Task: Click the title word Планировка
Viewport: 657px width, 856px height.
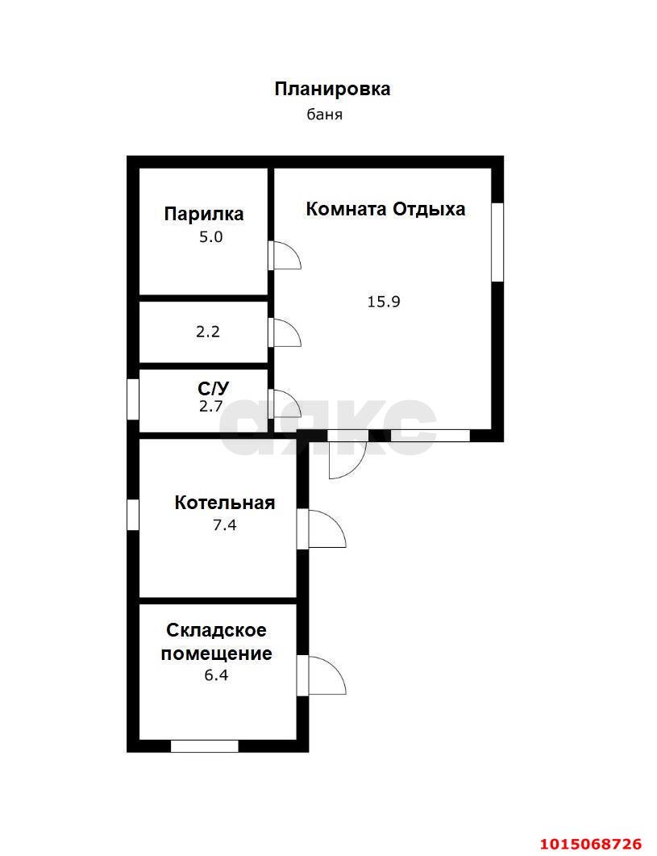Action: (x=332, y=89)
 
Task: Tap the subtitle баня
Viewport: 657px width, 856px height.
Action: (x=325, y=115)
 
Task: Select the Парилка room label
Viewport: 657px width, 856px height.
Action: (x=204, y=214)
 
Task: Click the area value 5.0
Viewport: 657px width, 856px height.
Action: (x=210, y=237)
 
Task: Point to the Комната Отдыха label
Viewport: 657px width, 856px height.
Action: (x=385, y=209)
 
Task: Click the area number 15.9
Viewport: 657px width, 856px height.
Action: (x=384, y=302)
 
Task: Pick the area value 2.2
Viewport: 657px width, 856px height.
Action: (x=208, y=331)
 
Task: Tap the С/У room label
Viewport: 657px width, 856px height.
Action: (x=213, y=388)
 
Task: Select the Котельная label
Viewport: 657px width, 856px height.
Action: (x=225, y=503)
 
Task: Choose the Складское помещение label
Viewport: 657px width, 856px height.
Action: (x=216, y=641)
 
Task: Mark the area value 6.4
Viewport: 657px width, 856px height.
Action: (x=216, y=675)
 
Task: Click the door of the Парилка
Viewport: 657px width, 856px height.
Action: (x=285, y=256)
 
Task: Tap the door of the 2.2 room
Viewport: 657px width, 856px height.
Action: (x=285, y=333)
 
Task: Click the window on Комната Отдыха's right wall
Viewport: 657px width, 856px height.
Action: (x=497, y=242)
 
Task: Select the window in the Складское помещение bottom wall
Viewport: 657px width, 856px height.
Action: (x=205, y=745)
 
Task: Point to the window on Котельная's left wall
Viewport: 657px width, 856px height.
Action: (x=133, y=515)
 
